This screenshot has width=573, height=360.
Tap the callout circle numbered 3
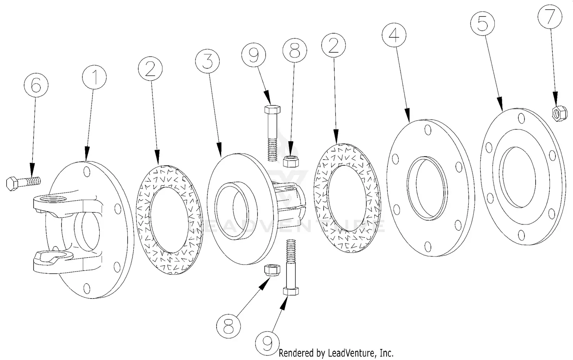[207, 61]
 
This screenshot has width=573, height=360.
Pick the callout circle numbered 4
[394, 35]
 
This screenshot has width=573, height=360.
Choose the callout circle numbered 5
[482, 24]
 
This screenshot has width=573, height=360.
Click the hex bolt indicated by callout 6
[23, 182]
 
